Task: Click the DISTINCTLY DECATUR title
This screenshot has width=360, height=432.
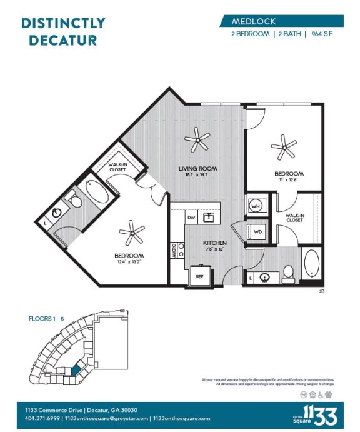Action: point(63,31)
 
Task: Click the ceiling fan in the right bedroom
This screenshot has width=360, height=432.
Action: point(284,148)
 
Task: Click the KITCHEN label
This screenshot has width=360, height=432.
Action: point(214,243)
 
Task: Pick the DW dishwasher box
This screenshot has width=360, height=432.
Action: point(192,218)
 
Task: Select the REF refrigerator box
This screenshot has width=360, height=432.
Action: point(200,276)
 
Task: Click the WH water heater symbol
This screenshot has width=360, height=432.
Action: point(256,205)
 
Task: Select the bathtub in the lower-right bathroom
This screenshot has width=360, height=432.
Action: point(311,264)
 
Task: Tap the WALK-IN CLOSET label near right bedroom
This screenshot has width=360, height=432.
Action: point(295,218)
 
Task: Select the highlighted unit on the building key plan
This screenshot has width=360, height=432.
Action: point(76,369)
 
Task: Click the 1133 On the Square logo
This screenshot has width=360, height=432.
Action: point(319,413)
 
